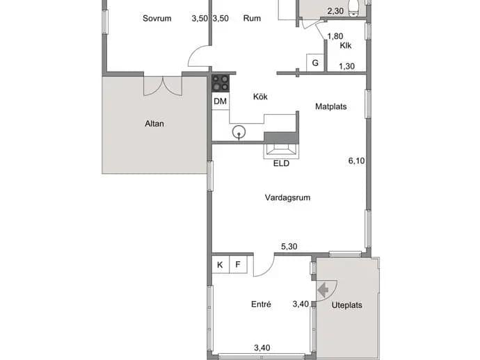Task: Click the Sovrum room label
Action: coord(157,18)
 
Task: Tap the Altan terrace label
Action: coord(154,124)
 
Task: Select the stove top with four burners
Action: coord(221,83)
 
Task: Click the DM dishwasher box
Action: coord(221,101)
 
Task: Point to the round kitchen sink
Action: coord(239,133)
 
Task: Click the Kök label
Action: coord(260,97)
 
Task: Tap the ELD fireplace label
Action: coord(281,163)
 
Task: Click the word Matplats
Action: coord(331,106)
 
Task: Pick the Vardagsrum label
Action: coord(287,197)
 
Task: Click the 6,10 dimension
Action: coord(356,161)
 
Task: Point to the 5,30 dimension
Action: coord(289,246)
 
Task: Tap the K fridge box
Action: coord(220,265)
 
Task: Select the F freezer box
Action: coord(238,265)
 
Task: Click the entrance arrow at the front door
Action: coord(323,289)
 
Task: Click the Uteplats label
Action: coord(347,305)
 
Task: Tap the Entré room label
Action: coord(261,304)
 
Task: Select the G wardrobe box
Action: coord(315,63)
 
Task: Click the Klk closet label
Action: coord(346,46)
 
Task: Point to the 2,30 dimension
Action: coord(335,11)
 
